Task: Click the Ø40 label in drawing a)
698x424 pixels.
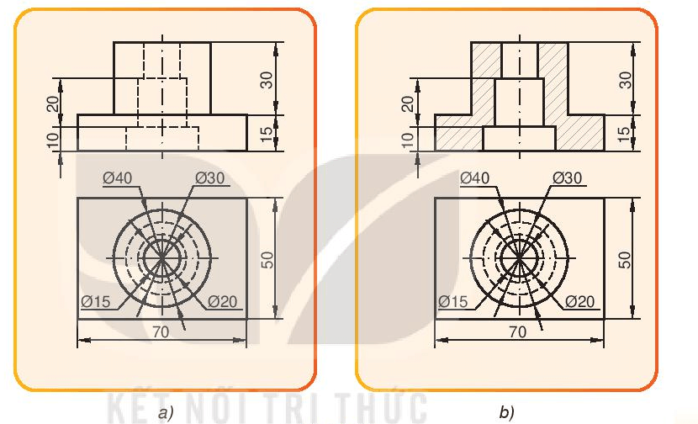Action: coord(119,178)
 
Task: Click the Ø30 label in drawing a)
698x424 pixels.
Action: coord(211,178)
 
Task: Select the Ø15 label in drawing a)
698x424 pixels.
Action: coord(97,301)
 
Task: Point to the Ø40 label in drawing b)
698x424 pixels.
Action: coord(477,178)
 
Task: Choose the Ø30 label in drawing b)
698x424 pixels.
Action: coord(568,178)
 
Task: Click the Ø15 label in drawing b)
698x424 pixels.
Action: coord(454,301)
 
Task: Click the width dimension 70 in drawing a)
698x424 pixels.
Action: coord(161,331)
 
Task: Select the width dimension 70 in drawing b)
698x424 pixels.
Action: coord(518,331)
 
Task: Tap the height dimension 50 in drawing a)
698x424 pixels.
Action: coord(267,258)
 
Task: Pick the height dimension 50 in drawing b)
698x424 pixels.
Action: coord(624,258)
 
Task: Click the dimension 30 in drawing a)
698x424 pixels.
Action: coord(267,79)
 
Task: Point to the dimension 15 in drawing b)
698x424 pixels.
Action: coord(624,133)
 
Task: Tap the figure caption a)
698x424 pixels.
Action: coord(165,412)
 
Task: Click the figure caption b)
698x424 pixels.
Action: coord(506,412)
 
